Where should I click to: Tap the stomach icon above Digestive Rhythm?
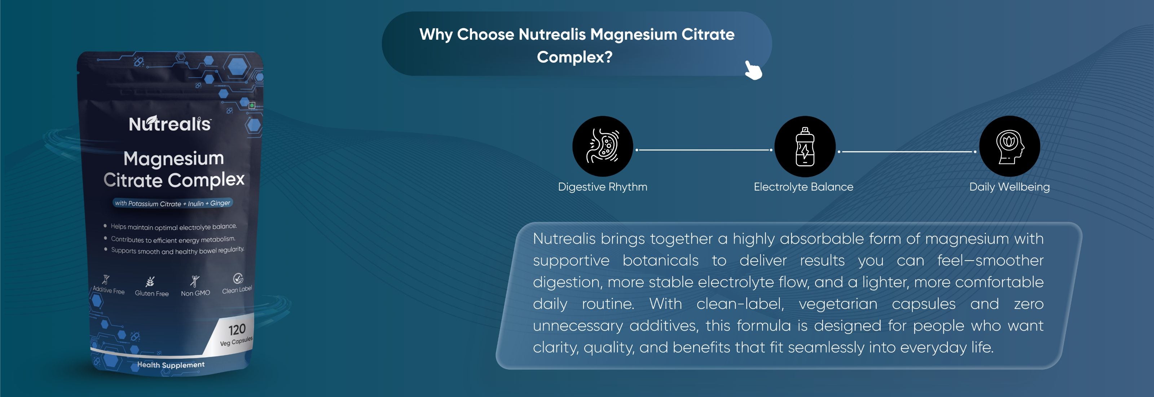603,146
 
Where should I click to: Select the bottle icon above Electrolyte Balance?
805,146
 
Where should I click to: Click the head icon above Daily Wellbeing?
1009,146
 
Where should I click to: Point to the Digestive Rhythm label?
603,187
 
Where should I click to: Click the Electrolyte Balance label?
803,187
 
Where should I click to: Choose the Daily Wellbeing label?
1009,187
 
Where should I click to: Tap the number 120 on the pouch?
237,330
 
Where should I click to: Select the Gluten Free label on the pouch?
152,293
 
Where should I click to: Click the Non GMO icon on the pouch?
195,281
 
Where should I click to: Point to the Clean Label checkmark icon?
238,278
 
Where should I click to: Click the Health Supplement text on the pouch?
171,365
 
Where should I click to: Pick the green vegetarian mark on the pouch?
252,105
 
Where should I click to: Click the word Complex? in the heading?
574,57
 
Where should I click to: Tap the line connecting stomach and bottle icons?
704,150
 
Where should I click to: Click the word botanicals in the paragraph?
660,260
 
